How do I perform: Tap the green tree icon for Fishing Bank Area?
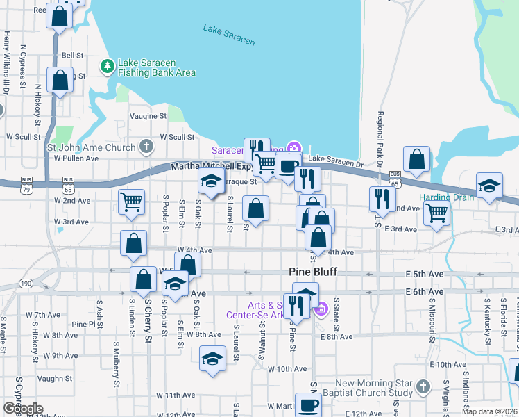coord(108,66)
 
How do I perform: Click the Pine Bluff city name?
coord(312,272)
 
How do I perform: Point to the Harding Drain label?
coord(446,197)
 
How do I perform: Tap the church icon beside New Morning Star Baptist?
coord(423,385)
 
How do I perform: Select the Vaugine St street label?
coord(148,116)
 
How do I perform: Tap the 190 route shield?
coord(26,284)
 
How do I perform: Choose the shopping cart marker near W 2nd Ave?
coord(132,202)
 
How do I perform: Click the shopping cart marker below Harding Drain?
coord(436,213)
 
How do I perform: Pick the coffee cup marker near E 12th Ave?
coord(308,405)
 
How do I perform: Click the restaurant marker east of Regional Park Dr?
coord(382,199)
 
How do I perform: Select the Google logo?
coord(22,409)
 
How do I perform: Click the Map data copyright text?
coord(490,411)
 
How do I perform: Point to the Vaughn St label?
coord(56,379)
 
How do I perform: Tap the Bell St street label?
coord(72,55)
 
